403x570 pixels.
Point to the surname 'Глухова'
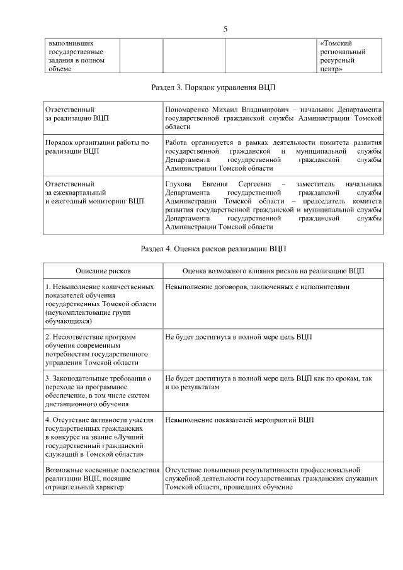click(178, 182)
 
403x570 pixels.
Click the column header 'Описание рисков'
click(103, 270)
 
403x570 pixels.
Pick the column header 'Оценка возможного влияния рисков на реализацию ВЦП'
click(273, 270)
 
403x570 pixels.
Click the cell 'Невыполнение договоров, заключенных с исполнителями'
click(256, 287)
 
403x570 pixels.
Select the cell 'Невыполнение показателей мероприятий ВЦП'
click(239, 419)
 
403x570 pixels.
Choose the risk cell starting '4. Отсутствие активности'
click(99, 436)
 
